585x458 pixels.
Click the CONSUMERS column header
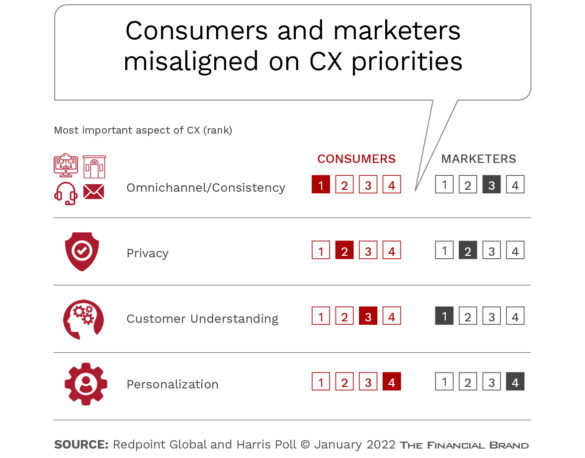(x=356, y=159)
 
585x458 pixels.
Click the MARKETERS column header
(x=479, y=159)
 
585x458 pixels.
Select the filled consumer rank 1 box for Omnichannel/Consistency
(x=321, y=184)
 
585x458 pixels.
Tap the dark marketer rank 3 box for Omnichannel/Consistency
(x=491, y=184)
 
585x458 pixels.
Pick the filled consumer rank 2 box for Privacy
(x=344, y=250)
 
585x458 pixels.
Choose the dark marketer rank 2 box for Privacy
(x=468, y=250)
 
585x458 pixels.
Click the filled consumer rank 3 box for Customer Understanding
(x=368, y=316)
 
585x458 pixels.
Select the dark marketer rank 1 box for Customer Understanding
(x=444, y=316)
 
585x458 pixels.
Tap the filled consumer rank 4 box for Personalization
(x=392, y=382)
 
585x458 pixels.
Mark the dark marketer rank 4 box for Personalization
(x=515, y=382)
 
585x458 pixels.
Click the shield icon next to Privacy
(x=82, y=251)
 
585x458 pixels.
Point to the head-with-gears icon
(x=83, y=319)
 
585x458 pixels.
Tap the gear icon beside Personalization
(x=86, y=384)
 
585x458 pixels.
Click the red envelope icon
(x=94, y=192)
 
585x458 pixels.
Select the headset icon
(x=66, y=193)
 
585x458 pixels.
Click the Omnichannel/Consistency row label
(x=206, y=187)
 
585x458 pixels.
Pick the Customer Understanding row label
(x=203, y=319)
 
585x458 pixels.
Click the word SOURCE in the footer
(x=81, y=445)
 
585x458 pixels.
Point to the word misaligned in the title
(x=191, y=62)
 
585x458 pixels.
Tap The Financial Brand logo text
(x=464, y=445)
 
